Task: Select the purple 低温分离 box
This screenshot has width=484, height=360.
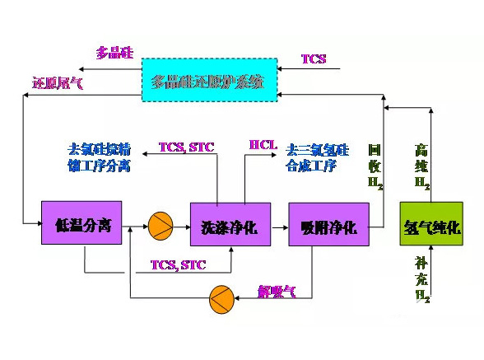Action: click(x=81, y=222)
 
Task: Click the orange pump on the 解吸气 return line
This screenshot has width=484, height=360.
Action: click(x=222, y=296)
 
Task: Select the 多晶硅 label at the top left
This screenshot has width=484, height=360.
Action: click(x=114, y=53)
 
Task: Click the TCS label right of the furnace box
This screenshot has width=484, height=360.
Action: click(x=313, y=59)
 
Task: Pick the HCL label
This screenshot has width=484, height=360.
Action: click(x=263, y=146)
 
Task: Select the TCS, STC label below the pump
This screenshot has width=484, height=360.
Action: click(x=178, y=264)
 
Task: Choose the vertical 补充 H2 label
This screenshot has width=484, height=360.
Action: click(x=421, y=278)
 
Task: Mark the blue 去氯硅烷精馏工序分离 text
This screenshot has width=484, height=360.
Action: click(x=98, y=157)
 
